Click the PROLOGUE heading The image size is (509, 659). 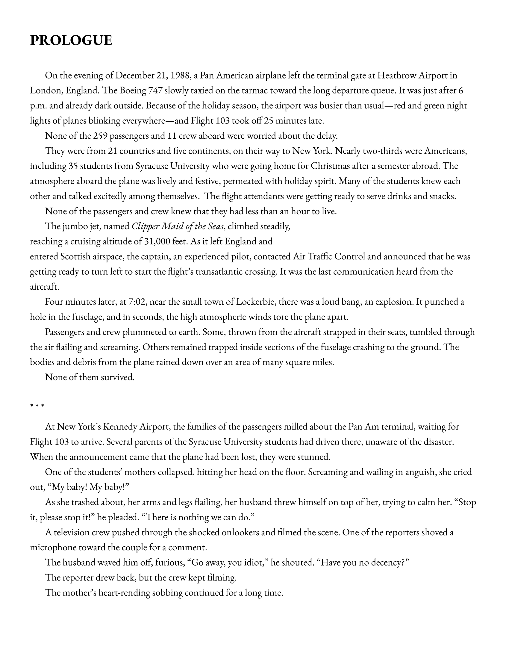coord(71,40)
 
